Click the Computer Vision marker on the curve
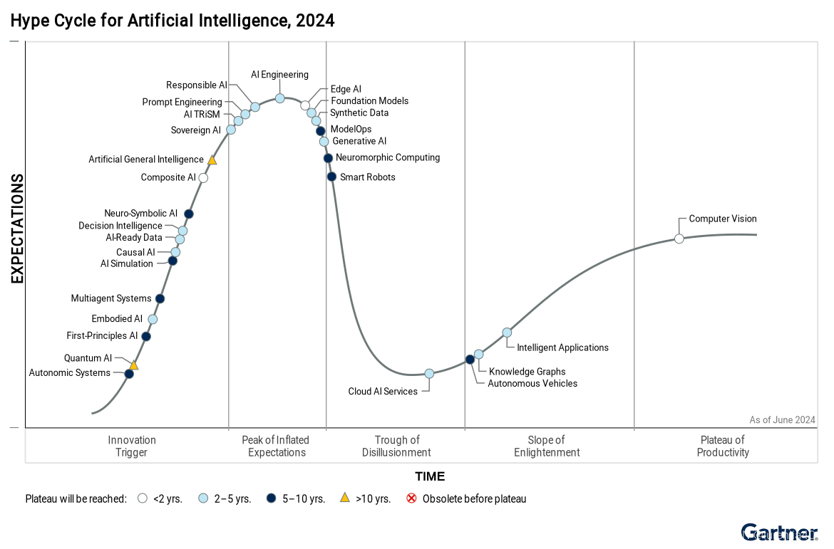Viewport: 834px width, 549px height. (x=679, y=239)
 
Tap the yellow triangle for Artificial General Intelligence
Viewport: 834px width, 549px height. (x=212, y=160)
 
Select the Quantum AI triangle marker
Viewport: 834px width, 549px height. (x=133, y=365)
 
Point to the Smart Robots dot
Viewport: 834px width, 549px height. (x=331, y=177)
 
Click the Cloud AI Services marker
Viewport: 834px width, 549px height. (x=429, y=374)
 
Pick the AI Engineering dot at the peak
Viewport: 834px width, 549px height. (x=280, y=98)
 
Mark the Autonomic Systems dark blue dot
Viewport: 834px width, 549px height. (x=129, y=374)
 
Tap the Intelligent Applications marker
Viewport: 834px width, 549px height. (x=507, y=333)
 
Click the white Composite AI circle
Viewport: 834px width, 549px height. (x=203, y=178)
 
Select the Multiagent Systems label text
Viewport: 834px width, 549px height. (x=111, y=298)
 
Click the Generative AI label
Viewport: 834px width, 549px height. (x=359, y=141)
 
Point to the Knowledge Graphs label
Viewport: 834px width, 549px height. (x=527, y=372)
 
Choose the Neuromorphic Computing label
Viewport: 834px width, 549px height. (x=388, y=157)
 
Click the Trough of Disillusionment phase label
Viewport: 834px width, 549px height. (x=396, y=446)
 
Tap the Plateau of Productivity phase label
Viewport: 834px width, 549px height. (x=723, y=446)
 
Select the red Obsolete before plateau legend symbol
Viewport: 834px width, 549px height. (x=411, y=498)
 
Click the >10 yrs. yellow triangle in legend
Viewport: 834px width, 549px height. (x=345, y=498)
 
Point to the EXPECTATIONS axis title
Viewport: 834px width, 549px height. (x=17, y=229)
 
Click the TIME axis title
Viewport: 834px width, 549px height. (x=430, y=476)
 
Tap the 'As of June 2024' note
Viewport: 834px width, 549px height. (x=782, y=420)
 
